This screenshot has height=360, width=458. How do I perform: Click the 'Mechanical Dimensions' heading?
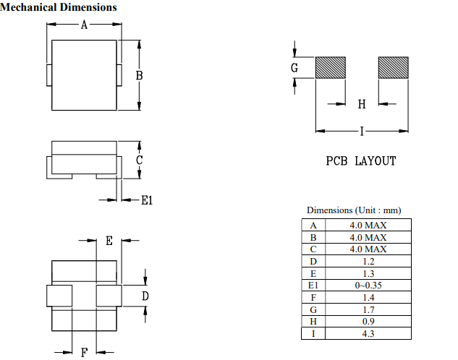pyautogui.click(x=59, y=7)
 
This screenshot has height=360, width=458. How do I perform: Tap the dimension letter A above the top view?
pyautogui.click(x=84, y=25)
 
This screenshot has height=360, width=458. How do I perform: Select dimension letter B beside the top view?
pyautogui.click(x=139, y=75)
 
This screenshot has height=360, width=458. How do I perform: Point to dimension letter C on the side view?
pyautogui.click(x=139, y=160)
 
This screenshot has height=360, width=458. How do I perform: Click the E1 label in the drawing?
pyautogui.click(x=147, y=200)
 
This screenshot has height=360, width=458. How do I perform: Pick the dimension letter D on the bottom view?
pyautogui.click(x=145, y=296)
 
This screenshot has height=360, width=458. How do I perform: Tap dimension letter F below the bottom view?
pyautogui.click(x=84, y=352)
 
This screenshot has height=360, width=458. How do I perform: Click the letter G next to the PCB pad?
pyautogui.click(x=294, y=68)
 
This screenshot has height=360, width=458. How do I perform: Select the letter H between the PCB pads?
pyautogui.click(x=362, y=104)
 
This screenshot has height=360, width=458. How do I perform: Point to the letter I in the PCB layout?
pyautogui.click(x=361, y=131)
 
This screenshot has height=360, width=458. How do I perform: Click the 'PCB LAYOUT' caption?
pyautogui.click(x=360, y=161)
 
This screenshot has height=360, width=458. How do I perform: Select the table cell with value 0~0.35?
pyautogui.click(x=368, y=286)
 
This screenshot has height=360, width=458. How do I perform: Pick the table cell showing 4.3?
pyautogui.click(x=368, y=334)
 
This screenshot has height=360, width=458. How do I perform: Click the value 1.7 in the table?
pyautogui.click(x=368, y=309)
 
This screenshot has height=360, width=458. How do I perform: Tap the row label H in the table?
pyautogui.click(x=313, y=322)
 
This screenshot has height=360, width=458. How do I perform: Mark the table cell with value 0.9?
pyautogui.click(x=368, y=322)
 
